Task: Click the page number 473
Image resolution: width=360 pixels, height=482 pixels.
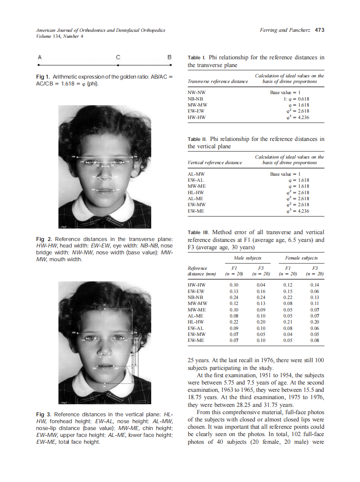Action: pyautogui.click(x=319, y=30)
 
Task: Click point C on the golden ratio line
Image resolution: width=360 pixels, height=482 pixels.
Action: pyautogui.click(x=118, y=64)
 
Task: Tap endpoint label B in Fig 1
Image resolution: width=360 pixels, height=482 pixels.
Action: pyautogui.click(x=170, y=57)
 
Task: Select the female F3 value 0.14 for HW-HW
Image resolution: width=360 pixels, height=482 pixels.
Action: pyautogui.click(x=314, y=285)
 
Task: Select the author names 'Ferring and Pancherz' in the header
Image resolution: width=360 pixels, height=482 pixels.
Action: pyautogui.click(x=285, y=30)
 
